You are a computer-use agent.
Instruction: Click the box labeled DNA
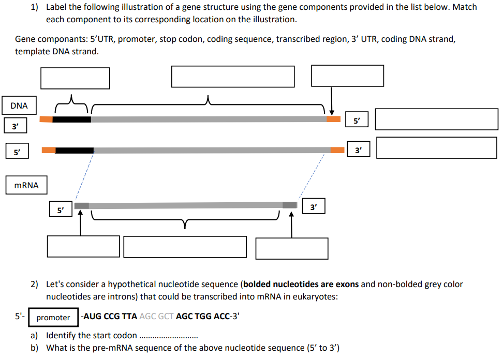19,106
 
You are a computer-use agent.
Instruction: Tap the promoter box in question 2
53,317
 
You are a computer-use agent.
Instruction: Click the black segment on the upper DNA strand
71,119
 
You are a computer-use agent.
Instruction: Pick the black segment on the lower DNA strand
75,150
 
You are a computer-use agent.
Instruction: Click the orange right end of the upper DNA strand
333,119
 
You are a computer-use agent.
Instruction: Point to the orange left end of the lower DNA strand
49,150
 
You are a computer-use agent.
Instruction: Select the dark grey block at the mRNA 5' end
82,206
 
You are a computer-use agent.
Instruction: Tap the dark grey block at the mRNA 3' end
290,205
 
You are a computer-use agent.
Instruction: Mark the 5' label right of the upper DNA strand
357,120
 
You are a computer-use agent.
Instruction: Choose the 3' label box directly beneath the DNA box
16,125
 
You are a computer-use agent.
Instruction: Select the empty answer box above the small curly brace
75,78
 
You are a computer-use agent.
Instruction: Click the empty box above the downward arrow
347,76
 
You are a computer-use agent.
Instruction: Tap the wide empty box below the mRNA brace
185,247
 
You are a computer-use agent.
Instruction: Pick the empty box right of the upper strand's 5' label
436,119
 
